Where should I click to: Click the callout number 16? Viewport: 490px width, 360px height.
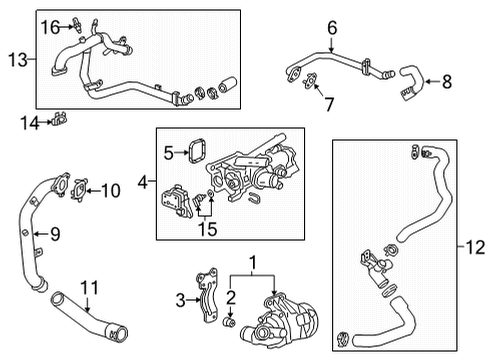click(49, 27)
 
